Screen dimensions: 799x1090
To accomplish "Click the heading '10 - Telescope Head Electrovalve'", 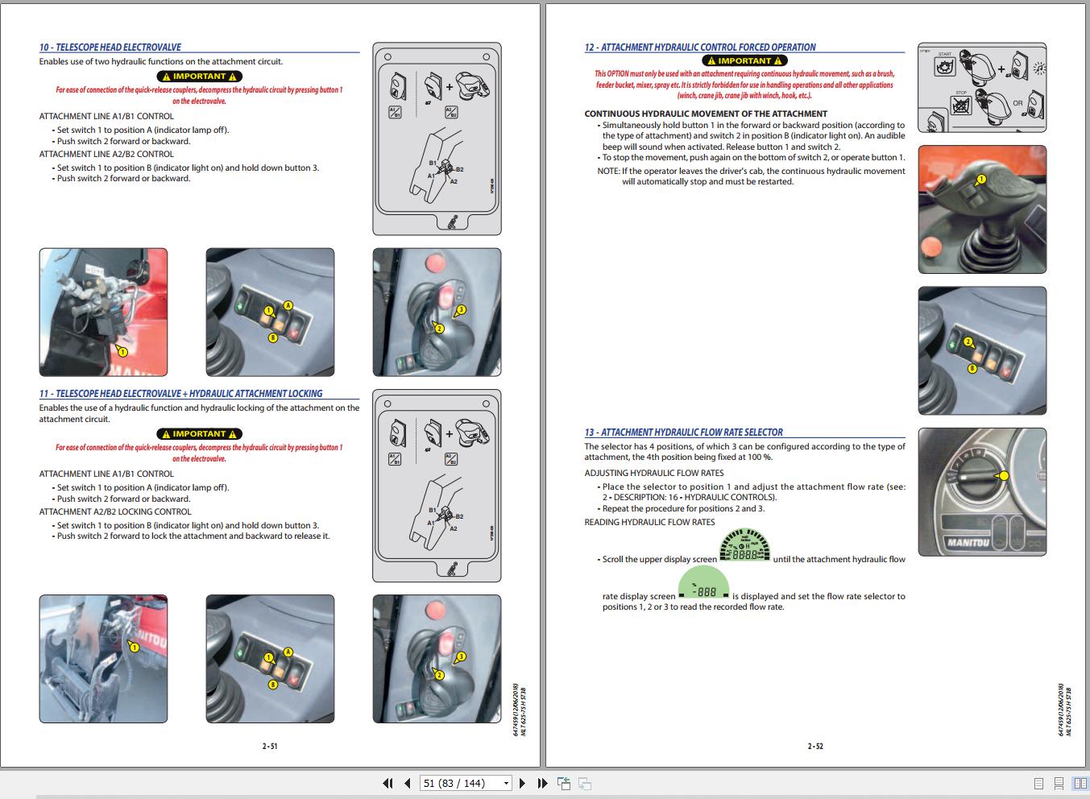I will (x=110, y=48).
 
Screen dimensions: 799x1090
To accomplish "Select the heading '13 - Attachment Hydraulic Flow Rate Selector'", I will (x=683, y=433).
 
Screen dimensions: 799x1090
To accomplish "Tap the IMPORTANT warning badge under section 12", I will (x=744, y=60).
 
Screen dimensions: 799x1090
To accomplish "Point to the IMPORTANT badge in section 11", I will (x=199, y=434).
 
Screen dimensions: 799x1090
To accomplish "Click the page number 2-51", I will (x=270, y=747).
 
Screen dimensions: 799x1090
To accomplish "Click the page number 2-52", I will (x=815, y=747).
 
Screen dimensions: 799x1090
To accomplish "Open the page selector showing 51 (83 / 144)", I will (x=466, y=783).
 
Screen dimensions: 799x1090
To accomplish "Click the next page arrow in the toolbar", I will (x=522, y=783).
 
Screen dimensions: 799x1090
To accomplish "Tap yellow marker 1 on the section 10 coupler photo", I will (x=122, y=351).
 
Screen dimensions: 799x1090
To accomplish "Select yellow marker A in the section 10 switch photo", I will (x=288, y=305).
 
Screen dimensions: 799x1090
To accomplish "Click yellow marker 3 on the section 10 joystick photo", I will (x=461, y=309).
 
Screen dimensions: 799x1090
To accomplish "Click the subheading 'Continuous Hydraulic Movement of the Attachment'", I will (x=706, y=114).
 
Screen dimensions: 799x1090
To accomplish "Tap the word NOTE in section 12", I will (x=608, y=171).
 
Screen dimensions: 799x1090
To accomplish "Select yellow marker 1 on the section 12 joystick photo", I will (x=980, y=179).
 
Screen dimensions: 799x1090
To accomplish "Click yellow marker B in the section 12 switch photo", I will (x=972, y=368).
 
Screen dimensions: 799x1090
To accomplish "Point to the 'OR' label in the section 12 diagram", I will (x=1017, y=103).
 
